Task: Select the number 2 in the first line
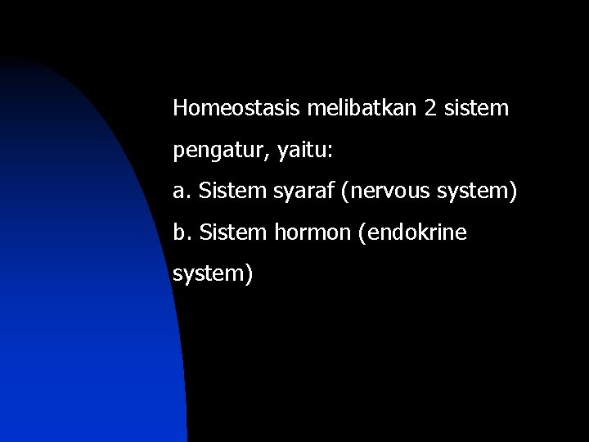point(431,107)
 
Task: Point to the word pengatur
point(210,151)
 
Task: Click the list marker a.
point(180,192)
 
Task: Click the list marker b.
point(180,234)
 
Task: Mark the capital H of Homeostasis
point(180,107)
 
